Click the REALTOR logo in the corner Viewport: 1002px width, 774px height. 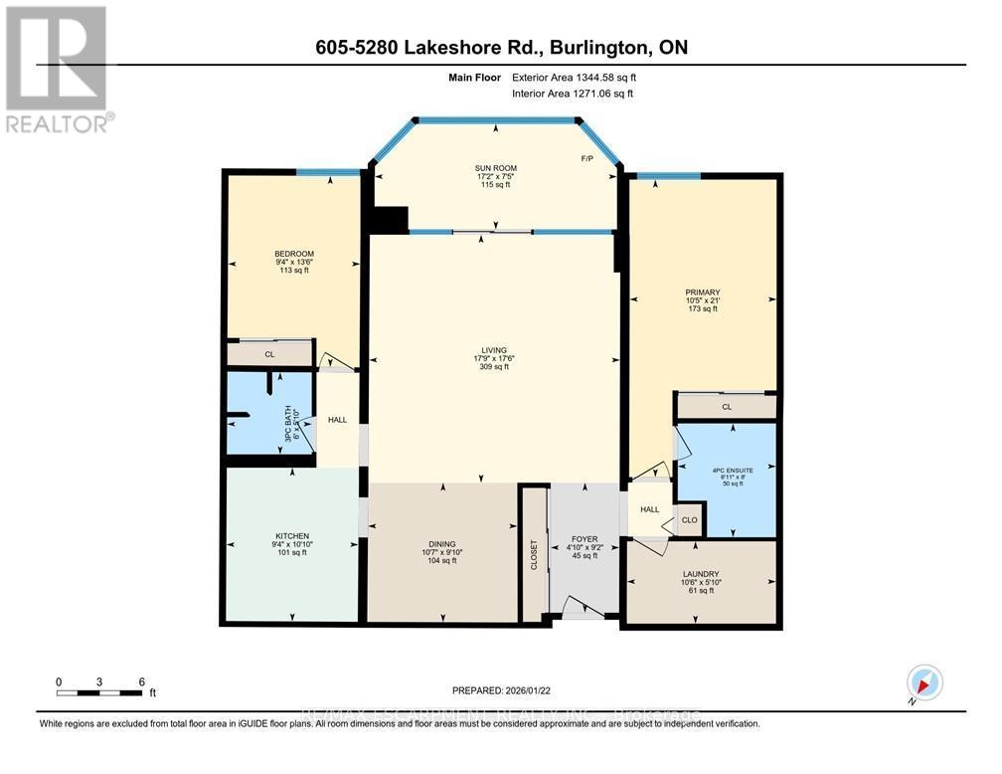pos(58,69)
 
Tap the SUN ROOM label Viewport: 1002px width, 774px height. pos(494,168)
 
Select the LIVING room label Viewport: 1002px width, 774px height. pos(494,350)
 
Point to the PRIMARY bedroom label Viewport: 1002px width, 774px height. pos(702,291)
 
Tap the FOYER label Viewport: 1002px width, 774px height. pos(584,539)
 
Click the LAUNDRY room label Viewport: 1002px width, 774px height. pos(701,574)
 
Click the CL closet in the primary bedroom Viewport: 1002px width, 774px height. pos(727,406)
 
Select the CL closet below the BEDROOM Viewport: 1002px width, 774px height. pos(269,353)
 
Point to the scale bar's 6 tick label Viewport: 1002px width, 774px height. pos(141,681)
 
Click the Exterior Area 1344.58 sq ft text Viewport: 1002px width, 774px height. pos(572,77)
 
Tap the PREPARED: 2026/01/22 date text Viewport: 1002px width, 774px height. pos(502,688)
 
